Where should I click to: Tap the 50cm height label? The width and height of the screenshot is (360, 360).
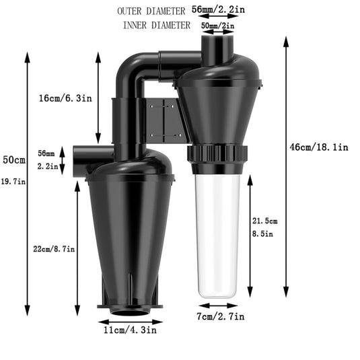click(x=13, y=160)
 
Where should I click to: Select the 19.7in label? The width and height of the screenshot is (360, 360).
click(x=13, y=181)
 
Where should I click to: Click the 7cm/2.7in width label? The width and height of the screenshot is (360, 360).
click(x=221, y=316)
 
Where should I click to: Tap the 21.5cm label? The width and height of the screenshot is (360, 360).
click(x=264, y=221)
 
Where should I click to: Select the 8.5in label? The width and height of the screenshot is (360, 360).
click(x=262, y=235)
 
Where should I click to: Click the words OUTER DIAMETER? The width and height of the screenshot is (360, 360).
click(x=152, y=11)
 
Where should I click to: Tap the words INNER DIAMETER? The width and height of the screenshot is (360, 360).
click(x=157, y=26)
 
